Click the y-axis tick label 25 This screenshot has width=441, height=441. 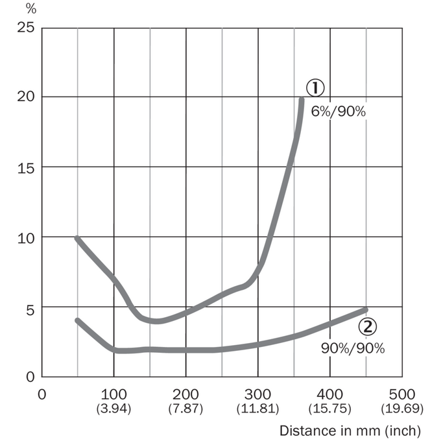[25, 27]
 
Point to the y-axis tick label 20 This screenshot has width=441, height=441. [25, 97]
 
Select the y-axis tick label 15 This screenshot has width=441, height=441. [25, 168]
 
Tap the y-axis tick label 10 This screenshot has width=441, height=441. [25, 239]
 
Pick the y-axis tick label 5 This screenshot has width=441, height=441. [30, 310]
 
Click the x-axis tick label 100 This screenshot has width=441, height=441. [113, 394]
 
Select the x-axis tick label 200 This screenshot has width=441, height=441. [185, 394]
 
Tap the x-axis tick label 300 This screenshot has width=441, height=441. [257, 394]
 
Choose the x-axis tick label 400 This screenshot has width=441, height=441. [329, 394]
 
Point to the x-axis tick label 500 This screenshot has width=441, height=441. [402, 394]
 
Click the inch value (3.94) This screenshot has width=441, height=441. [113, 409]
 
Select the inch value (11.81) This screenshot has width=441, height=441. [257, 409]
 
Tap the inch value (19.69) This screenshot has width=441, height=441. [402, 409]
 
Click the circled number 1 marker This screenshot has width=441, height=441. [315, 88]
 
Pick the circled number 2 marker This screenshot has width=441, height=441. [368, 326]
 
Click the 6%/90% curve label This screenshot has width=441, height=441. [339, 112]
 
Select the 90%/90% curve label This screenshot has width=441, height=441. [353, 348]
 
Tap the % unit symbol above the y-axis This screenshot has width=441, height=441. [31, 9]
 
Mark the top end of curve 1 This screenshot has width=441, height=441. [302, 99]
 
